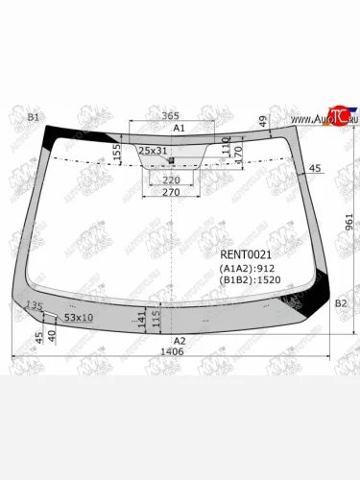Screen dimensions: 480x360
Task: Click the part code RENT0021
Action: pos(247,253)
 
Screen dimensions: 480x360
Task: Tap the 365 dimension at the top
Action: pos(170,116)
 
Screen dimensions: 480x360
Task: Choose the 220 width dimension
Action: pos(172,180)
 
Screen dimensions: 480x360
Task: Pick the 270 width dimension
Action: pos(170,192)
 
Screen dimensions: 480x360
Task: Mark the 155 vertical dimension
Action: pos(117,151)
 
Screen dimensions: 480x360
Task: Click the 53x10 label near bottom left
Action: pos(79,317)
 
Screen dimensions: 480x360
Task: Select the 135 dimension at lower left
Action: pos(35,306)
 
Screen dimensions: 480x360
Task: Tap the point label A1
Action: pos(179,128)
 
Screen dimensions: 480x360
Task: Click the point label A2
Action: pos(179,341)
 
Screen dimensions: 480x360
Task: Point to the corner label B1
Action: pos(34,117)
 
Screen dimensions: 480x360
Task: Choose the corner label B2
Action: pos(341,303)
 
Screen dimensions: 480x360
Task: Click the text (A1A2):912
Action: pos(248,268)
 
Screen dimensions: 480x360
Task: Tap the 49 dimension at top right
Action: pos(262,120)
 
